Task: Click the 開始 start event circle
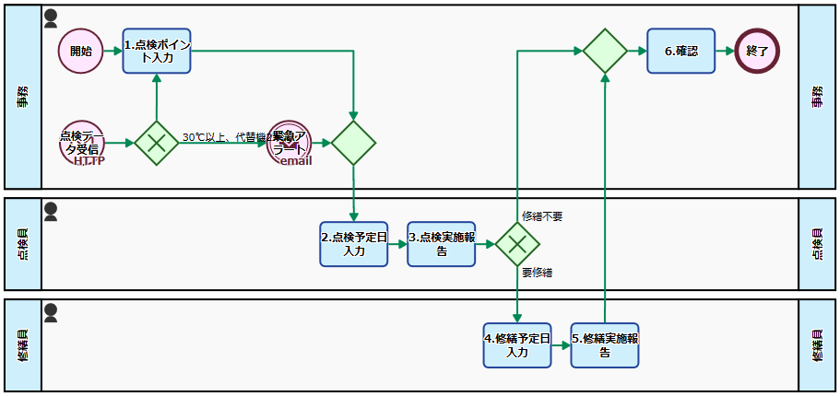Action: pyautogui.click(x=80, y=51)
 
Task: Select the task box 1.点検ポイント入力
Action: pyautogui.click(x=157, y=51)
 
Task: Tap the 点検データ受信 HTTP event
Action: pyautogui.click(x=82, y=143)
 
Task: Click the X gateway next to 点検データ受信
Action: pyautogui.click(x=157, y=143)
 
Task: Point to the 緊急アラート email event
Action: pyautogui.click(x=290, y=143)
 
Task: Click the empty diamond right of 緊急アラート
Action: pyautogui.click(x=354, y=143)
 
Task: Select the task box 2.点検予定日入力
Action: pyautogui.click(x=354, y=244)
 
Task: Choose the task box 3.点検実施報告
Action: pyautogui.click(x=442, y=244)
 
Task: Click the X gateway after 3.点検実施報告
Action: pyautogui.click(x=517, y=244)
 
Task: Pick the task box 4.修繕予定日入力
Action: pyautogui.click(x=517, y=345)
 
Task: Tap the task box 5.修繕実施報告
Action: pyautogui.click(x=605, y=345)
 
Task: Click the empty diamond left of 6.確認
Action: pyautogui.click(x=605, y=51)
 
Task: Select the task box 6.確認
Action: pyautogui.click(x=680, y=51)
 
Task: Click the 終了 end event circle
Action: pyautogui.click(x=757, y=51)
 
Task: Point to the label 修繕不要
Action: pyautogui.click(x=542, y=216)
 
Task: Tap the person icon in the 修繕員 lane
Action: pyautogui.click(x=51, y=313)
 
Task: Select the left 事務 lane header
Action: pyautogui.click(x=23, y=97)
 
